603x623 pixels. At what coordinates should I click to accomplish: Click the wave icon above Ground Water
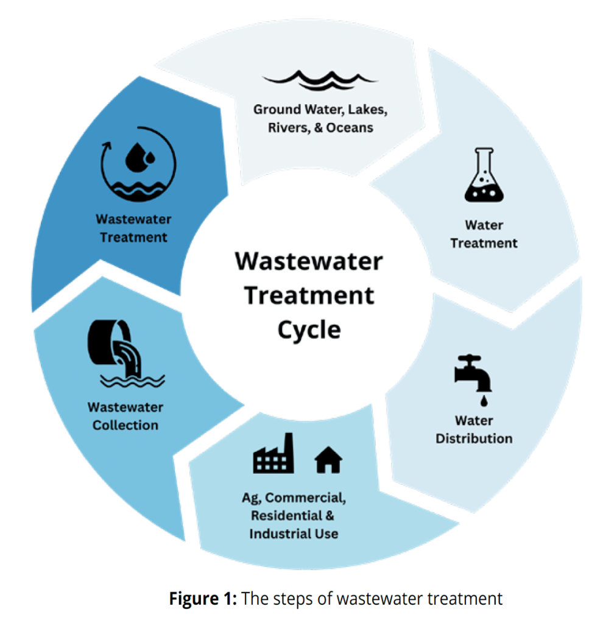[x=320, y=80]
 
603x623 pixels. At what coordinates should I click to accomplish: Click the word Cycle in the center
[x=309, y=329]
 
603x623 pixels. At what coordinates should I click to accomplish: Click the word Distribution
[x=474, y=438]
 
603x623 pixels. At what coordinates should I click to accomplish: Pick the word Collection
[x=125, y=424]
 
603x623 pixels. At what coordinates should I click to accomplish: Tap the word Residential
[x=284, y=516]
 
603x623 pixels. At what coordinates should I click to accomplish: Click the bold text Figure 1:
[x=203, y=598]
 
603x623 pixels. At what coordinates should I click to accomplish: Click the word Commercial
[x=313, y=498]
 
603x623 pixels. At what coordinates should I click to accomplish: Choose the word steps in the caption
[x=301, y=599]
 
